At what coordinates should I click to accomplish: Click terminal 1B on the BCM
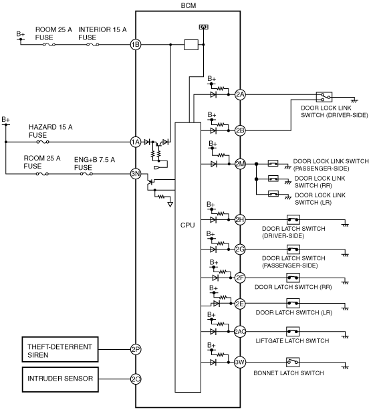(x=136, y=45)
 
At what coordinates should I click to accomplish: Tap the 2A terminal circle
(x=240, y=94)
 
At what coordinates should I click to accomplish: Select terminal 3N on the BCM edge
(x=136, y=174)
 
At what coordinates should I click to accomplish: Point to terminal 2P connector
(x=136, y=349)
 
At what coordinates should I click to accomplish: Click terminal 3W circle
(x=239, y=362)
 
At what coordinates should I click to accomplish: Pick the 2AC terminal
(x=239, y=332)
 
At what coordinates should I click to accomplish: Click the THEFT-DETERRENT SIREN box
(x=60, y=350)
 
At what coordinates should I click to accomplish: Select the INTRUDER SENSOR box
(x=60, y=380)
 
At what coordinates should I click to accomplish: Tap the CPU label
(x=188, y=225)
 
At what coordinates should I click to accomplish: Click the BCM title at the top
(x=189, y=5)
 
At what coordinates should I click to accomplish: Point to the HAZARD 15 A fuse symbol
(x=43, y=142)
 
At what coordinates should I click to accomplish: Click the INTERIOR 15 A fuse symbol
(x=92, y=45)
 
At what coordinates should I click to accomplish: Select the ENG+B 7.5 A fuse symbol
(x=86, y=174)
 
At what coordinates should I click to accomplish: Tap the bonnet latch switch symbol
(x=293, y=362)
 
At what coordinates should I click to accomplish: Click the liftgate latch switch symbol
(x=293, y=332)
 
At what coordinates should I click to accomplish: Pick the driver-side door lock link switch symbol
(x=324, y=97)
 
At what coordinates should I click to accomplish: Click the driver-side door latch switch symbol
(x=293, y=219)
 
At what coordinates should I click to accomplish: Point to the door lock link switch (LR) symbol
(x=273, y=194)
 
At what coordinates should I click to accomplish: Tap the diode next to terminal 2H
(x=213, y=219)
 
